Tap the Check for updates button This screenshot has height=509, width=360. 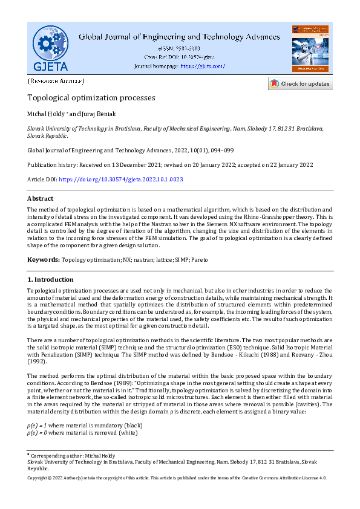click(x=300, y=84)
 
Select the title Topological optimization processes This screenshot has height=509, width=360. click(x=91, y=97)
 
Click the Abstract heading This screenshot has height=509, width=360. click(x=41, y=198)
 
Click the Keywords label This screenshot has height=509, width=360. click(x=43, y=260)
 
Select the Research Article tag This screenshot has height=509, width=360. click(x=56, y=80)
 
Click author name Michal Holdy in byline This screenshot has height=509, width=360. click(x=45, y=114)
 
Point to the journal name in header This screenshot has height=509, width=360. click(x=179, y=37)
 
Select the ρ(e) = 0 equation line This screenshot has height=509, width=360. click(x=77, y=433)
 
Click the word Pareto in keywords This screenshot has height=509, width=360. click(x=198, y=260)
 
